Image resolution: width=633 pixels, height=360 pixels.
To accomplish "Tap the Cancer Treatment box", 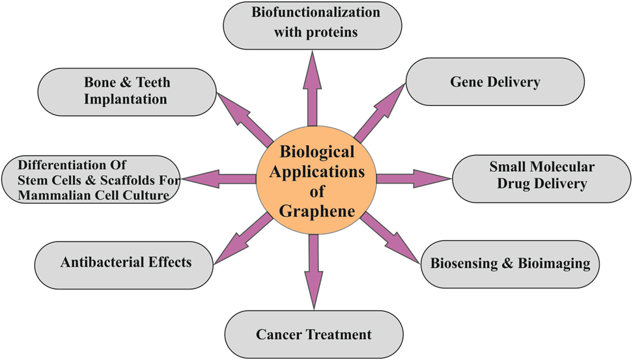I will coord(313,335).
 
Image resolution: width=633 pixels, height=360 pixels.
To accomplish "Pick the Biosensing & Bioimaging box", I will coord(510,264).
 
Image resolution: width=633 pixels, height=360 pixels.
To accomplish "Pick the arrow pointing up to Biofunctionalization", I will coord(313,88).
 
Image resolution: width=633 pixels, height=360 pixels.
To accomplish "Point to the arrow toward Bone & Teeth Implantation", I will coord(246,115).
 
